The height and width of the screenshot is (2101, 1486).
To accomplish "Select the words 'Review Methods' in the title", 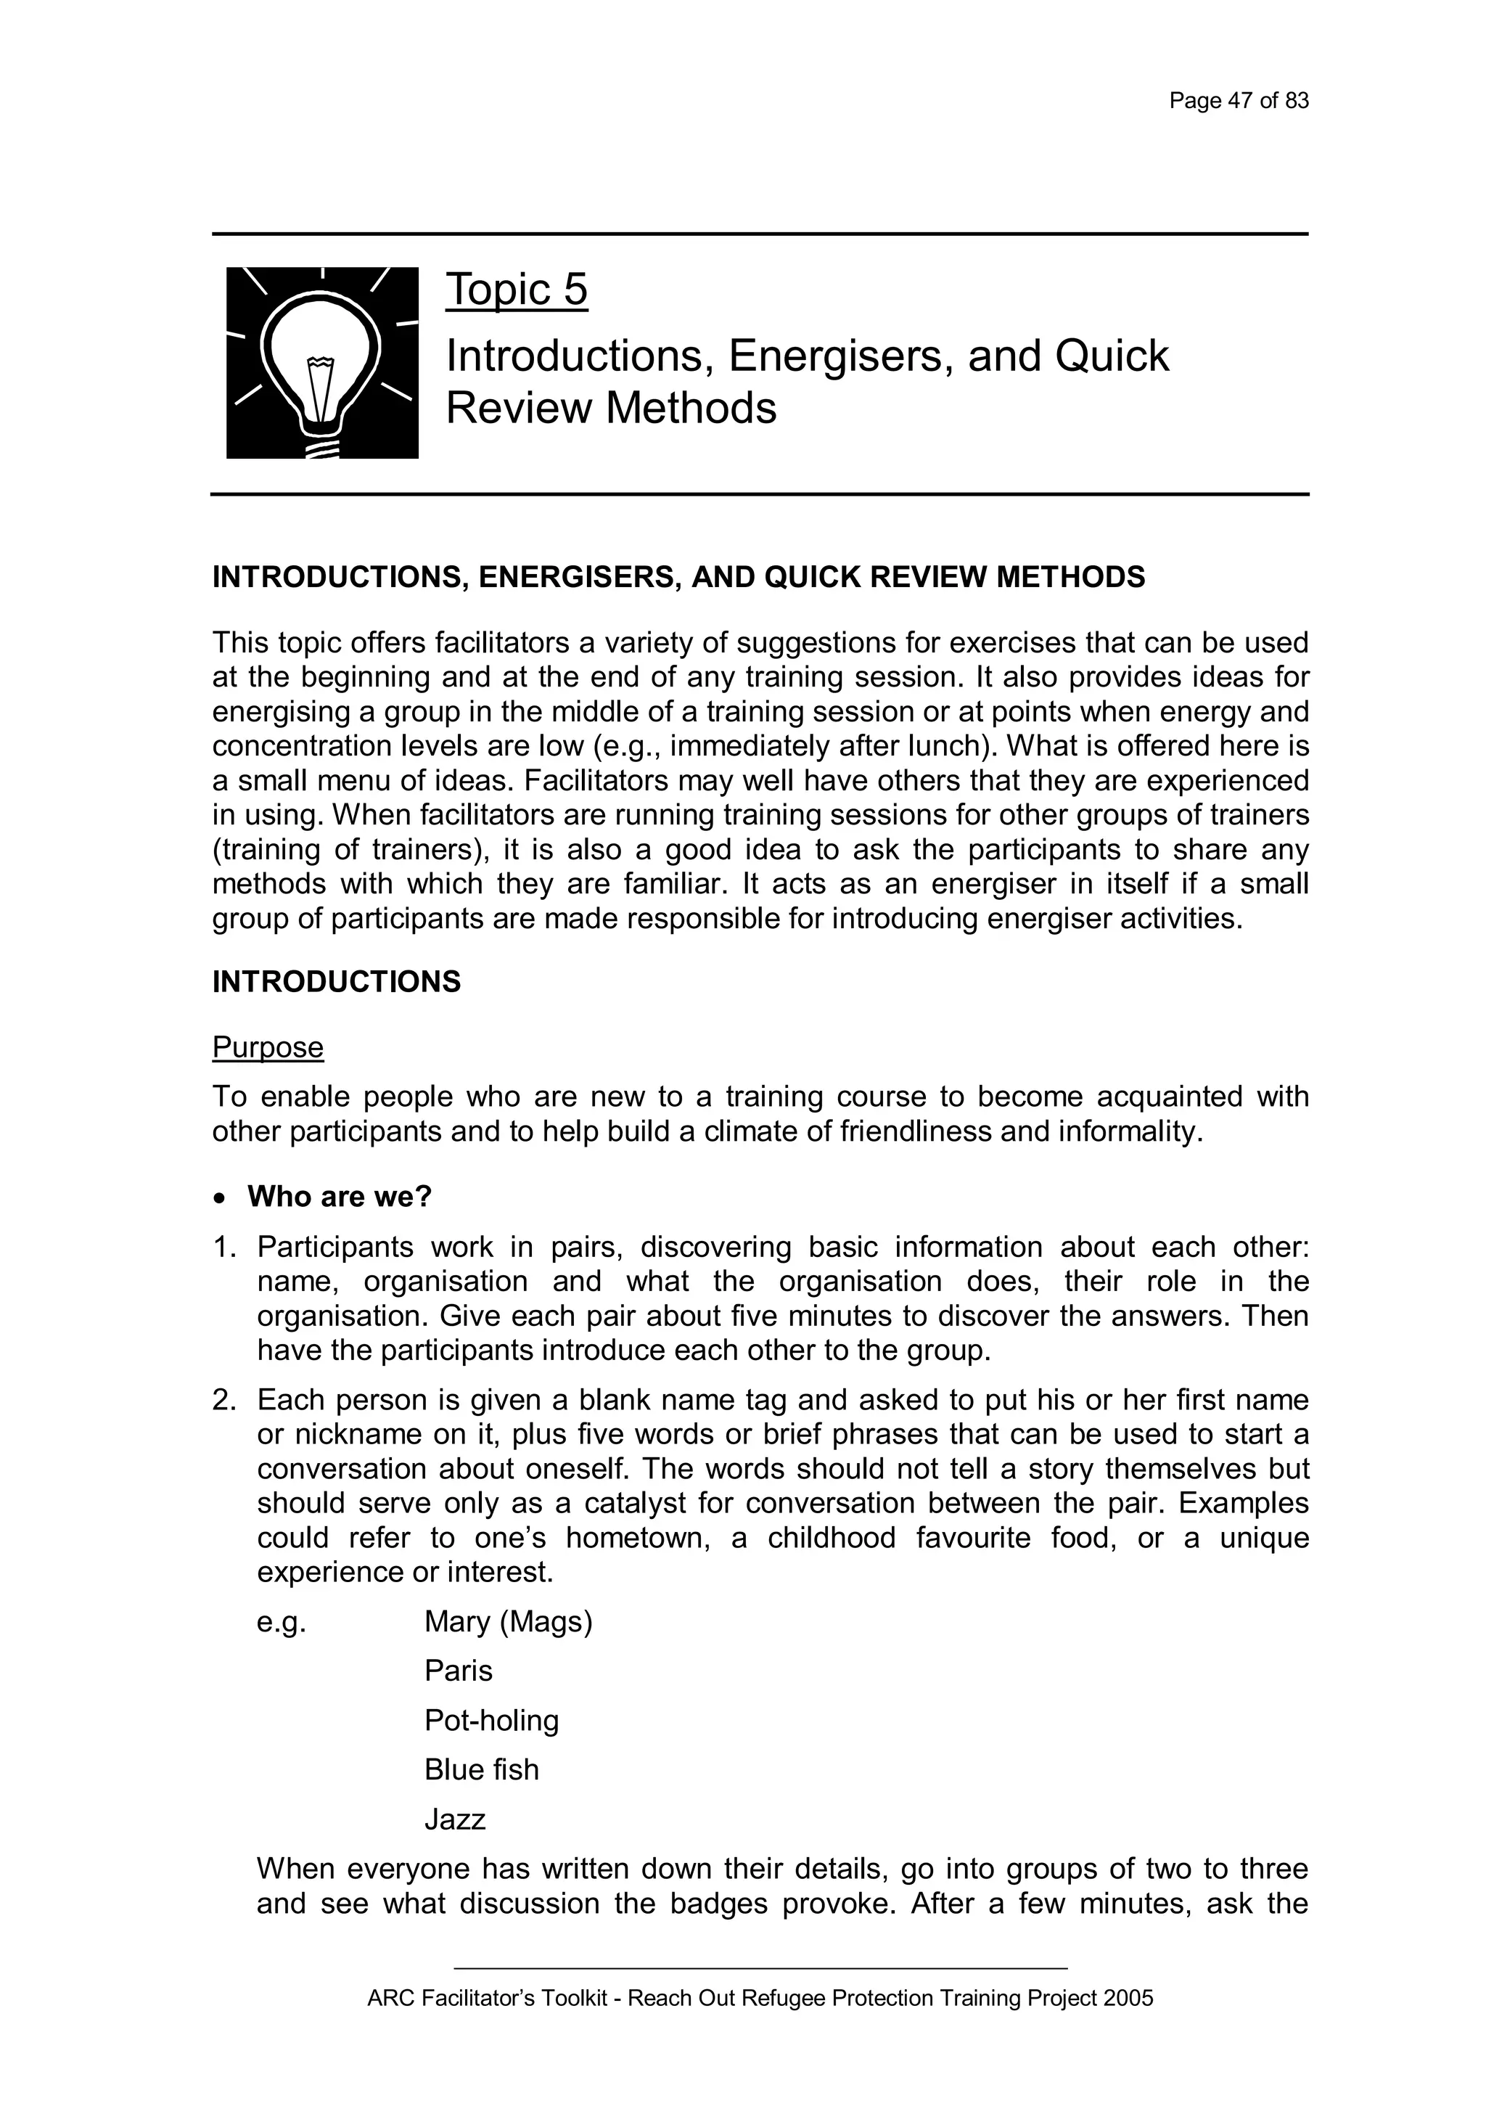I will [x=610, y=408].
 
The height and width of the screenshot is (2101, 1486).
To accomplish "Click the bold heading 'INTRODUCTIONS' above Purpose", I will [x=336, y=982].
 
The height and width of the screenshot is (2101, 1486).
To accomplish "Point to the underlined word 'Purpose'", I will [x=267, y=1047].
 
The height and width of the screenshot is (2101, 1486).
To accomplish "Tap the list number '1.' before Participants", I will [x=224, y=1248].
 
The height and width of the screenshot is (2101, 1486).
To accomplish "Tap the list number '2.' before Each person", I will [x=224, y=1400].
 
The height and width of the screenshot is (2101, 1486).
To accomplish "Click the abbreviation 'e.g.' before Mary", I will [x=281, y=1623].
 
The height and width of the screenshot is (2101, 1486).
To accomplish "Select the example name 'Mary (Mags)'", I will [x=508, y=1623].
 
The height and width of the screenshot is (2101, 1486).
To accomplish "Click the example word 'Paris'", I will [x=458, y=1672].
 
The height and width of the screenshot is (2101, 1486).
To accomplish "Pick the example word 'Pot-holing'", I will [x=490, y=1721].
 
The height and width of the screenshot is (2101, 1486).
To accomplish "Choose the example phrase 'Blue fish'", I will [x=480, y=1771].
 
